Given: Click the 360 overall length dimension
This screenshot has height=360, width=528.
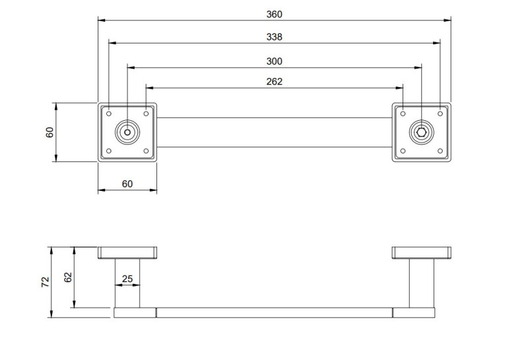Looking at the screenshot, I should pyautogui.click(x=275, y=14).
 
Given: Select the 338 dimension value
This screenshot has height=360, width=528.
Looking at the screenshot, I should pyautogui.click(x=275, y=38).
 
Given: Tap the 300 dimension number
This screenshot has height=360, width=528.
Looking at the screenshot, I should pyautogui.click(x=275, y=61).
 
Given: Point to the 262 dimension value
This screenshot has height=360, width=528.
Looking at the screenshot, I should pyautogui.click(x=275, y=81).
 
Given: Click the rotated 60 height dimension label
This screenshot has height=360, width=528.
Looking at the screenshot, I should pyautogui.click(x=49, y=132).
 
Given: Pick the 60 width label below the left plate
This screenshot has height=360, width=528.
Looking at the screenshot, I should pyautogui.click(x=127, y=184).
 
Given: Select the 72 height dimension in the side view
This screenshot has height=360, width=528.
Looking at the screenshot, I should pyautogui.click(x=45, y=282).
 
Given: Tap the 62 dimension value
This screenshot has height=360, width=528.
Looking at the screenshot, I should pyautogui.click(x=68, y=277).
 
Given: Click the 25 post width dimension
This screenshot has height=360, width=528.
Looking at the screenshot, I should pyautogui.click(x=127, y=279).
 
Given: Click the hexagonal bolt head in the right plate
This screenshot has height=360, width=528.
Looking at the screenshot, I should pyautogui.click(x=422, y=132).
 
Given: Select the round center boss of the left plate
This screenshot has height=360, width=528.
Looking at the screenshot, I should pyautogui.click(x=127, y=132).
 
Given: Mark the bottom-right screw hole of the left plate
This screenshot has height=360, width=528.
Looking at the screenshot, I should pyautogui.click(x=146, y=151).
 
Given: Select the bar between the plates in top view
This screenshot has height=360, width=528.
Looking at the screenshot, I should pyautogui.click(x=275, y=132).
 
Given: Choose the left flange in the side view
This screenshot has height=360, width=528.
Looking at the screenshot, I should pyautogui.click(x=127, y=252).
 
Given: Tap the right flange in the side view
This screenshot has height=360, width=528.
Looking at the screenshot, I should pyautogui.click(x=422, y=252).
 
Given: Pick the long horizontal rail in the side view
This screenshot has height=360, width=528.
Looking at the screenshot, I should pyautogui.click(x=275, y=312).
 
